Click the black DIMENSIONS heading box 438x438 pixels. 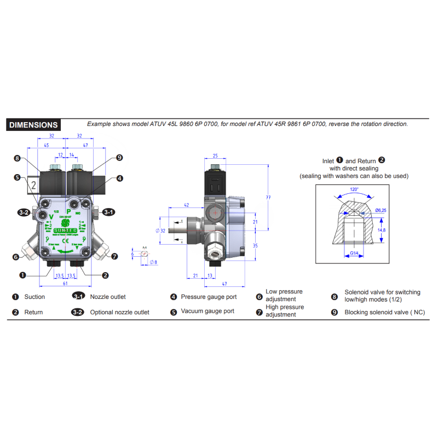pyautogui.click(x=33, y=125)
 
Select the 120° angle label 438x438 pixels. pyautogui.click(x=354, y=189)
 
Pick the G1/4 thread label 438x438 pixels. pyautogui.click(x=355, y=252)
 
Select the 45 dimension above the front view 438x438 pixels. pyautogui.click(x=46, y=145)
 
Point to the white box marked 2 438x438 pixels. pyautogui.click(x=33, y=185)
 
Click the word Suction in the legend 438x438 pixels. pyautogui.click(x=34, y=297)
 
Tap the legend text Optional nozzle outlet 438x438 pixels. pyautogui.click(x=119, y=312)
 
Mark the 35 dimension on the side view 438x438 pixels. pyautogui.click(x=255, y=246)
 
